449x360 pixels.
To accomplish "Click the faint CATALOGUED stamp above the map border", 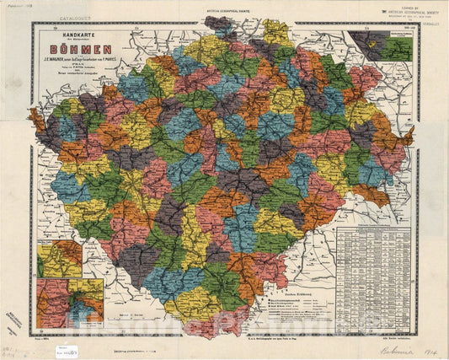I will pos(54,15).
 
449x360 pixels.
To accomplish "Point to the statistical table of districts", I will pos(371,269).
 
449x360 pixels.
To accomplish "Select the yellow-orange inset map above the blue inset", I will pos(58,259).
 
